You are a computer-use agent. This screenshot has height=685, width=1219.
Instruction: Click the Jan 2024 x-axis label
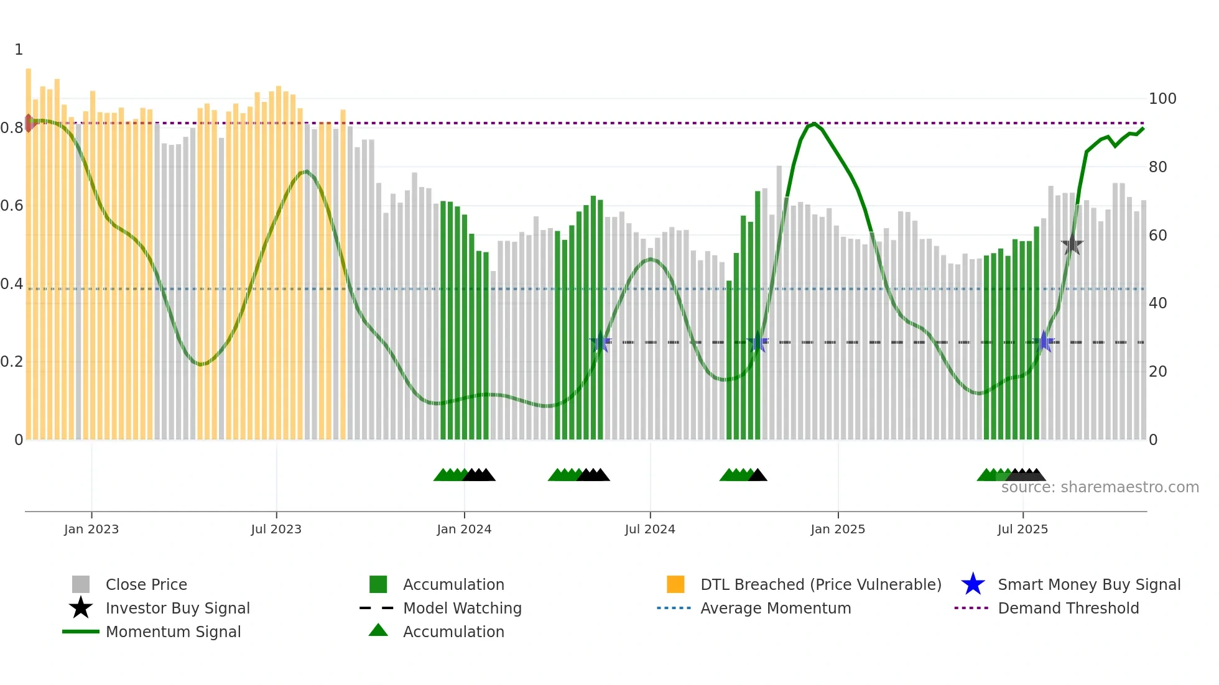click(x=464, y=529)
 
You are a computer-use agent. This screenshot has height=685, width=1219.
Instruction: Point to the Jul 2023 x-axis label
click(x=276, y=529)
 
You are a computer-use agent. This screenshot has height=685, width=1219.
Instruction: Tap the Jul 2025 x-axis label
click(x=1022, y=529)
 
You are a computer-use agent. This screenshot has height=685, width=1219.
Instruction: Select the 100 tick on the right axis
click(x=1162, y=99)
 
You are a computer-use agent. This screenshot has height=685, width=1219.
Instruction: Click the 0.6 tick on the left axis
click(x=12, y=206)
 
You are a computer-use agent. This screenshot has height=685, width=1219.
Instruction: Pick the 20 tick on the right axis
click(x=1157, y=372)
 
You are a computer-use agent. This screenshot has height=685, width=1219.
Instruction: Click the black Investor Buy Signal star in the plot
click(x=1072, y=245)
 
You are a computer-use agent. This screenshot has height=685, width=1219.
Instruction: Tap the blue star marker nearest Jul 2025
click(x=1044, y=342)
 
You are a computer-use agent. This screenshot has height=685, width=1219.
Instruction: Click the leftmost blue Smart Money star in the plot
click(x=600, y=342)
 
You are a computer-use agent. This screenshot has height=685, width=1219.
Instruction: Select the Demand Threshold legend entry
click(x=1068, y=608)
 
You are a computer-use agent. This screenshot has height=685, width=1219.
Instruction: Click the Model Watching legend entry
click(x=462, y=608)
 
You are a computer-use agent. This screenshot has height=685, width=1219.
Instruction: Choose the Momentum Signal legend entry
click(x=173, y=632)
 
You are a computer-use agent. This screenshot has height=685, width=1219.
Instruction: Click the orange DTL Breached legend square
click(x=675, y=584)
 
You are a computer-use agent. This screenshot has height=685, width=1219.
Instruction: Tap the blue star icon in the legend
click(x=973, y=584)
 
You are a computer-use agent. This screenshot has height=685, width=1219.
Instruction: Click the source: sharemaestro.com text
click(x=1100, y=487)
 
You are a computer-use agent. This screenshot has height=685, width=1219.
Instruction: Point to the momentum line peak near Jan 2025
click(x=814, y=124)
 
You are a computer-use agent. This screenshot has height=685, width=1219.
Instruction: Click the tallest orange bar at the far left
click(x=28, y=249)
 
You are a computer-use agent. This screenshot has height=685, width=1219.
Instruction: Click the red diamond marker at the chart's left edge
click(x=29, y=123)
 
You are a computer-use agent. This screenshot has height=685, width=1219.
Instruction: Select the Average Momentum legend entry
click(x=775, y=608)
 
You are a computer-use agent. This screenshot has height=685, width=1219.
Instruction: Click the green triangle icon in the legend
click(x=378, y=630)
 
